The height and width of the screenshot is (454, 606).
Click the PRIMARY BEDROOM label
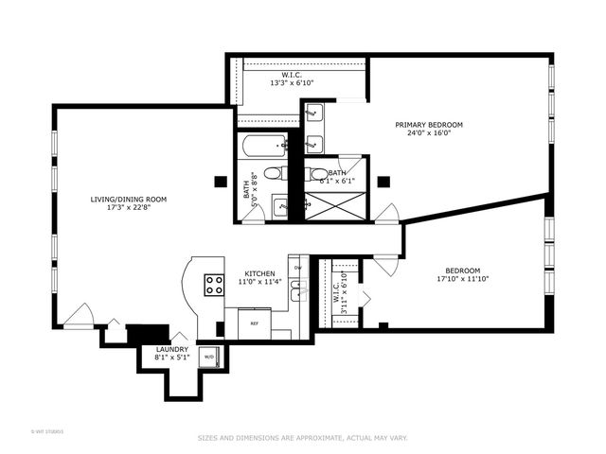pos(429,125)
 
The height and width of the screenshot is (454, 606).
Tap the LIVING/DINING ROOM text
pos(129,199)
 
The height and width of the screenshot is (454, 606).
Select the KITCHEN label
pos(260,273)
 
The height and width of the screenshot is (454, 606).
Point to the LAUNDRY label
pos(171,349)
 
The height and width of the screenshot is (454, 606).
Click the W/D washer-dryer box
pos(209,357)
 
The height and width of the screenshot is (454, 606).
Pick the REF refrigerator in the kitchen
pos(254,323)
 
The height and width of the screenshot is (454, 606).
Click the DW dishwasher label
pos(297,268)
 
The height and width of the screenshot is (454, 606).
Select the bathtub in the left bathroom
pos(264,147)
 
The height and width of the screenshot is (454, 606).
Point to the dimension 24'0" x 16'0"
pos(429,133)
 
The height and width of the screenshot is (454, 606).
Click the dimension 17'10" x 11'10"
pos(464,279)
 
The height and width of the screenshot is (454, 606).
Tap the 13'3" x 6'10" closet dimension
pos(292,83)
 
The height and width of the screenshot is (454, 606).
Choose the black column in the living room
pos(220,181)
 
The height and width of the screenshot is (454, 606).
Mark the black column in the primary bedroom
pos(383,181)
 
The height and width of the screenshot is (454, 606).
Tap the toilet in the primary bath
pos(318,173)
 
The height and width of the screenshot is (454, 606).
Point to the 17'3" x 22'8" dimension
pos(129,208)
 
